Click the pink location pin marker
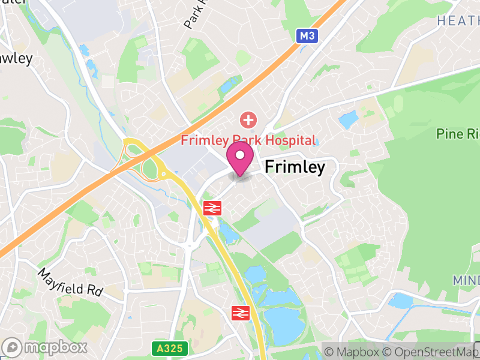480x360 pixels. [x=240, y=157]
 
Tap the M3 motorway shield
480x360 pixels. [x=307, y=36]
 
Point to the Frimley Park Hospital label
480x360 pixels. [x=248, y=140]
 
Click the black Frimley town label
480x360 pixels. [x=295, y=167]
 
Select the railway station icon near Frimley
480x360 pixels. [x=213, y=208]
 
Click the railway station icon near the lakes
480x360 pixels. [x=241, y=312]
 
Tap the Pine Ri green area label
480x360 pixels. [x=458, y=133]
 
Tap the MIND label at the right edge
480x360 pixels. [x=466, y=281]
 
